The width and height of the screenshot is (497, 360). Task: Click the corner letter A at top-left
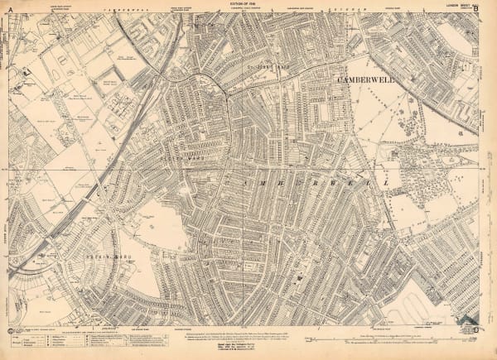tap(5, 10)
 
